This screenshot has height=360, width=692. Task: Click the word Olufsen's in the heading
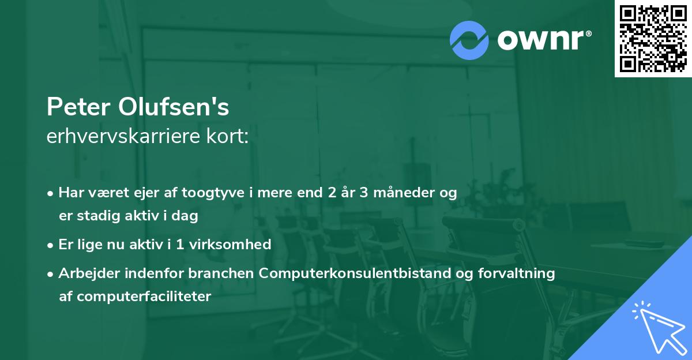(x=174, y=107)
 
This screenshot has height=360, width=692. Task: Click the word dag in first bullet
(x=186, y=216)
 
